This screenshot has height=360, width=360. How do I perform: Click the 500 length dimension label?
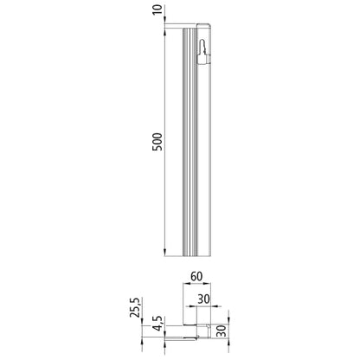point(157,142)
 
